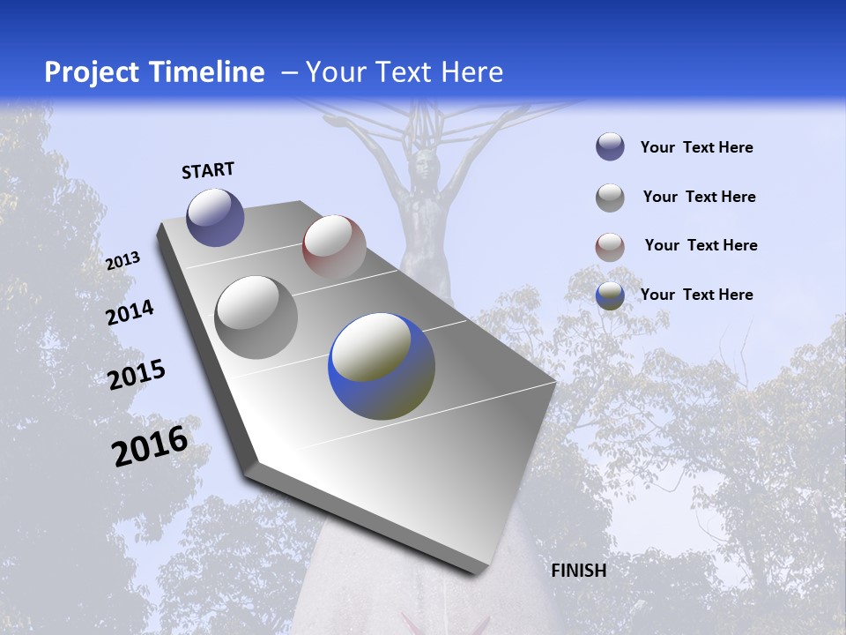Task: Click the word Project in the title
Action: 88,72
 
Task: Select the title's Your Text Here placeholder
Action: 404,72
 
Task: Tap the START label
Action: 208,170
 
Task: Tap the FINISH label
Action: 579,571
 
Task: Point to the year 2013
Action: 122,261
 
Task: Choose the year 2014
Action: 130,312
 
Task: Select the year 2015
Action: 137,375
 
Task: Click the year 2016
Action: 150,445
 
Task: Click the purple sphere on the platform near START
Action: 215,217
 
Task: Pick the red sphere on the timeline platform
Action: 334,246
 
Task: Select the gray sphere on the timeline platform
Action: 256,317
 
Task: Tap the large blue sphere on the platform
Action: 382,366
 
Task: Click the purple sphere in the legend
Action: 610,147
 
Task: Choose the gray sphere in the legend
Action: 610,198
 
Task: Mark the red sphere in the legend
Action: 610,246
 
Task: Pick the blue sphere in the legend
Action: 610,295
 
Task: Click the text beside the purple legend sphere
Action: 696,147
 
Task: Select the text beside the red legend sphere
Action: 701,245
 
